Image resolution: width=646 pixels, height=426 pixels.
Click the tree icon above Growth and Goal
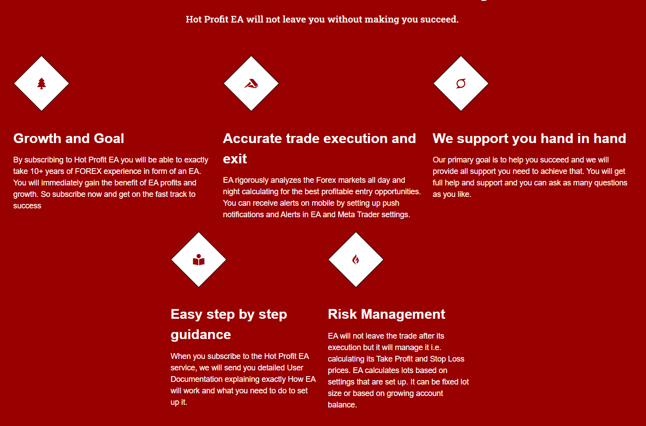tap(42, 83)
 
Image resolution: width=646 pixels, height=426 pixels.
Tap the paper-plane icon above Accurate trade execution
tap(251, 83)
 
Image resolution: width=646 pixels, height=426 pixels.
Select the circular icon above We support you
tap(461, 83)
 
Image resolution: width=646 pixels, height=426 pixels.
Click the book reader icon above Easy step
tap(199, 260)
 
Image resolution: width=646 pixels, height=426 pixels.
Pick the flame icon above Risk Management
tap(355, 260)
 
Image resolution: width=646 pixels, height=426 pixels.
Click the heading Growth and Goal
tap(68, 139)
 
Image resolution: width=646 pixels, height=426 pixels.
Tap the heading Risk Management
tap(386, 314)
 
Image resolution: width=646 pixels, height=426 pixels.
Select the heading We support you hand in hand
tap(529, 139)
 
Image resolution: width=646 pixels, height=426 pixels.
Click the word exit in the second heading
tap(235, 159)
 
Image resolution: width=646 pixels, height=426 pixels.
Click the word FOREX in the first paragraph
tap(88, 171)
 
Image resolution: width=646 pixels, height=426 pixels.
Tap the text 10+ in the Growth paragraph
tap(37, 171)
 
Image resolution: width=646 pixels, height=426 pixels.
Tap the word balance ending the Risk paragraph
tap(342, 405)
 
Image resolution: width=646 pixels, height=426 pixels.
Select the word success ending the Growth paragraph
tap(27, 206)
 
